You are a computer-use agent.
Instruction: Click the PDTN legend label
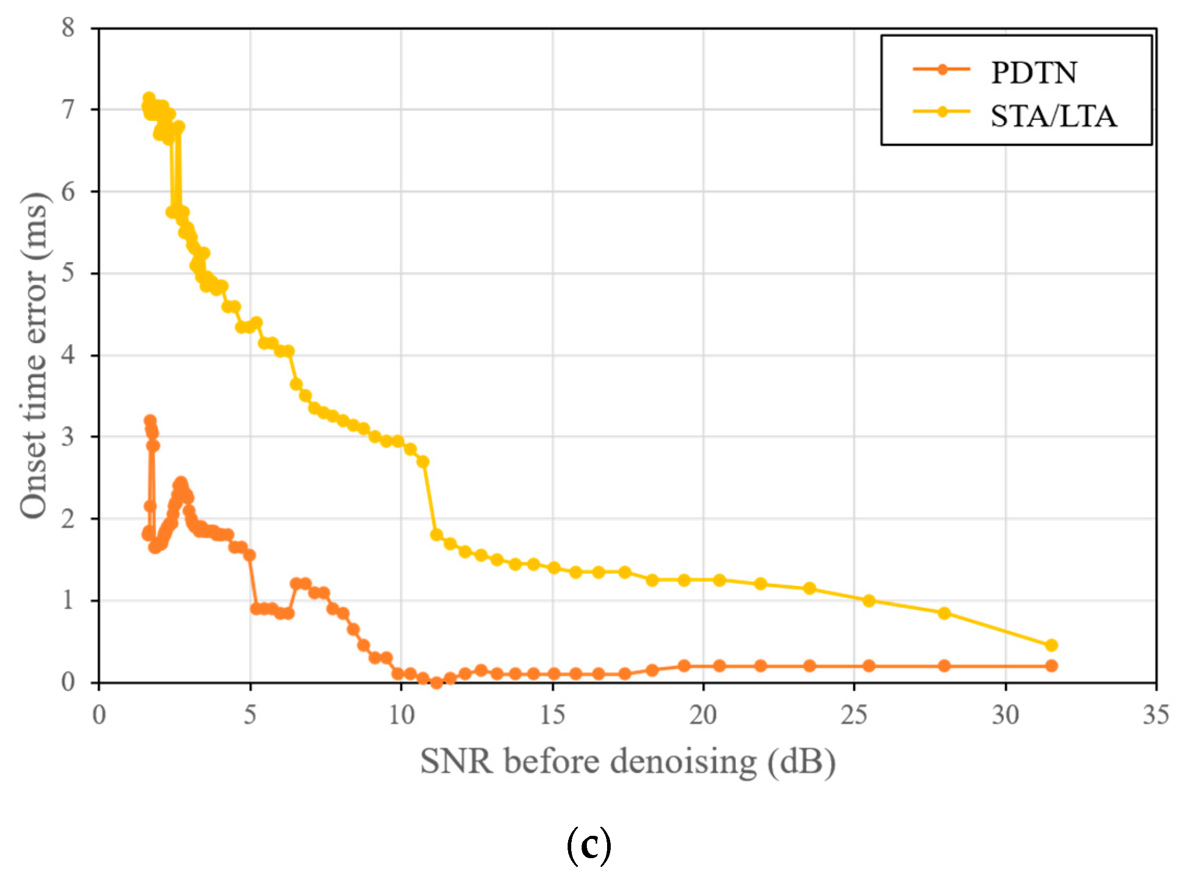[1033, 73]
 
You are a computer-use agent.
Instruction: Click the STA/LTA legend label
[1053, 116]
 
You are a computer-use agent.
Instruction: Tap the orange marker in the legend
[942, 69]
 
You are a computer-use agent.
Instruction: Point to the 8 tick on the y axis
[68, 27]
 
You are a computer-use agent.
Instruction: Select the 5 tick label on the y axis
[68, 273]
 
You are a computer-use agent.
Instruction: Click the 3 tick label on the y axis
[68, 437]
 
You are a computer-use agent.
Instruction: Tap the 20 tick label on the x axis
[703, 715]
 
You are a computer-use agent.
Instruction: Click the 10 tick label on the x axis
[401, 715]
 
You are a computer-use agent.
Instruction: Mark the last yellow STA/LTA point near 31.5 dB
[1051, 645]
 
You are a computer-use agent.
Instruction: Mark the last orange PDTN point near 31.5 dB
[1051, 666]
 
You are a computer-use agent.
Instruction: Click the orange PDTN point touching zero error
[437, 682]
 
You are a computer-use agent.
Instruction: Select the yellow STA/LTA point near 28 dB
[944, 613]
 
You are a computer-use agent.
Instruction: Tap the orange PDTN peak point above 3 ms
[150, 421]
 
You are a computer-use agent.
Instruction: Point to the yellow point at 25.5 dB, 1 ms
[869, 601]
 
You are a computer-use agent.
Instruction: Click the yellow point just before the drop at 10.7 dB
[423, 462]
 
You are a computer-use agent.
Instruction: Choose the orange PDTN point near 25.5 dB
[869, 666]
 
